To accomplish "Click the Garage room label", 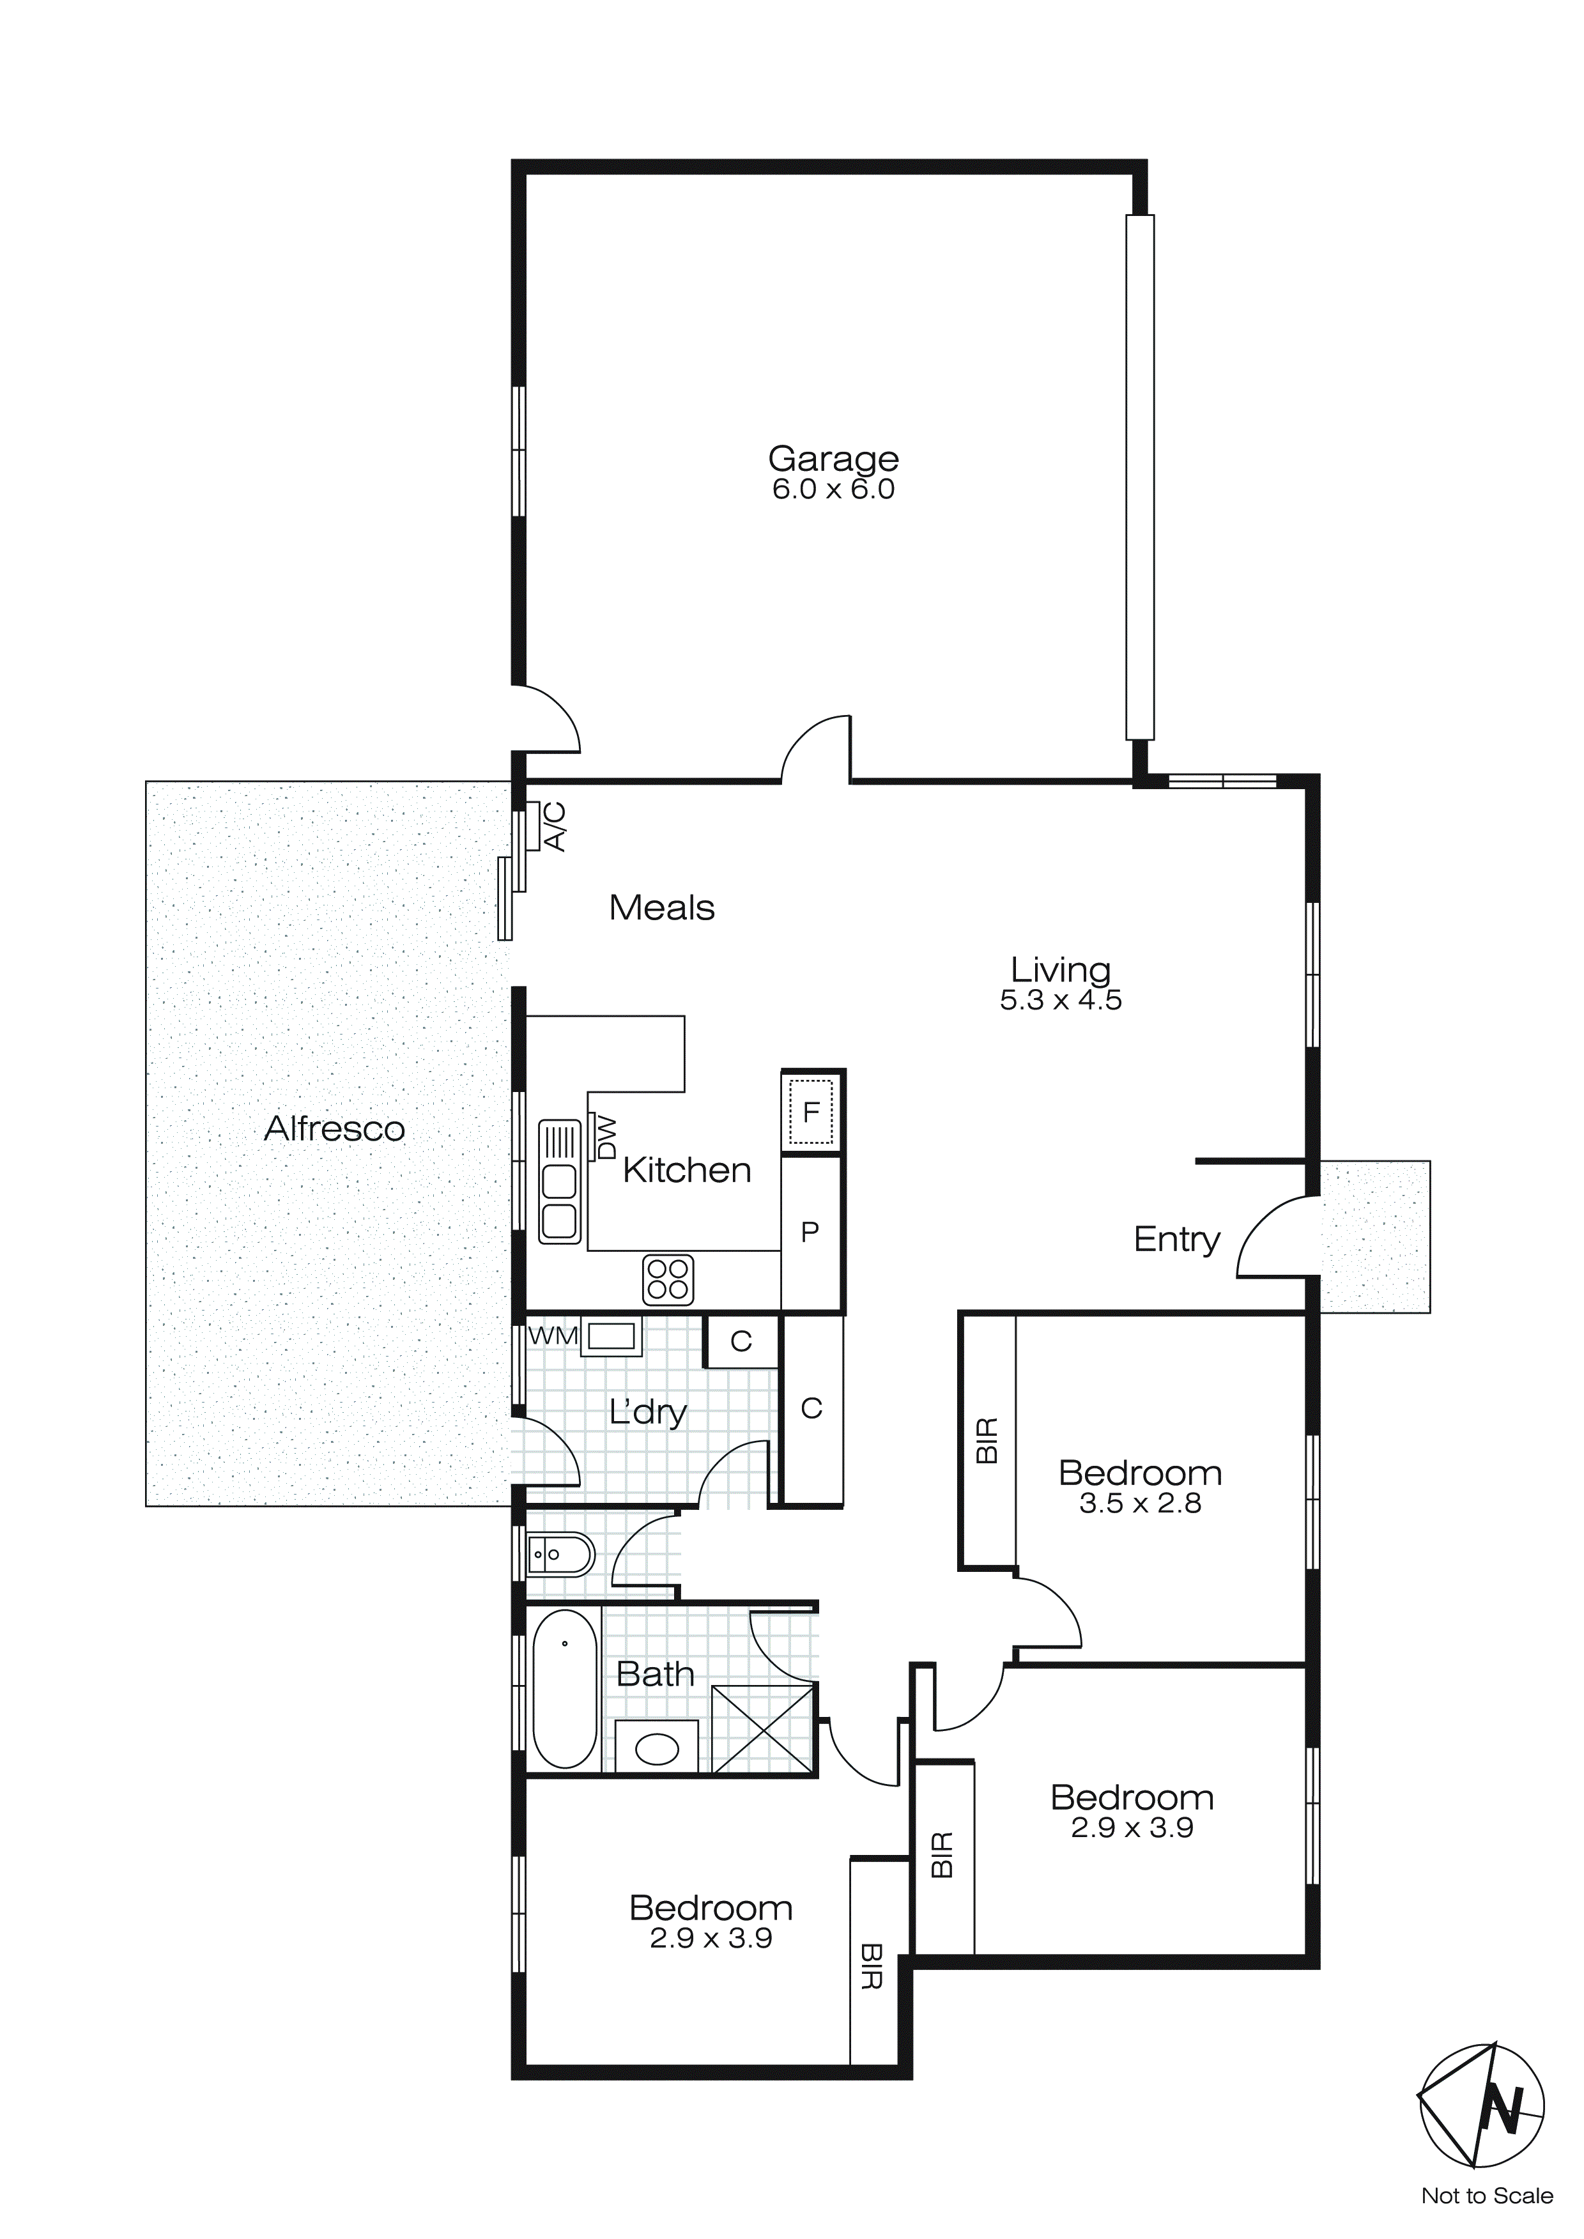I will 833,458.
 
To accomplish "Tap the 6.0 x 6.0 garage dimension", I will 833,489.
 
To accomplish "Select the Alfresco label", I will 335,1128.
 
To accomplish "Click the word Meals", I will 661,908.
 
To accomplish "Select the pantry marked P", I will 810,1232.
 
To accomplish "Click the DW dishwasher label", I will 606,1137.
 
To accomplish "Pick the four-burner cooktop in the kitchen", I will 668,1279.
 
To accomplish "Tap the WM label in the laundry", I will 553,1335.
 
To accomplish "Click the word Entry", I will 1176,1240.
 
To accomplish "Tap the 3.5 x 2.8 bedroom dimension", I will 1139,1504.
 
